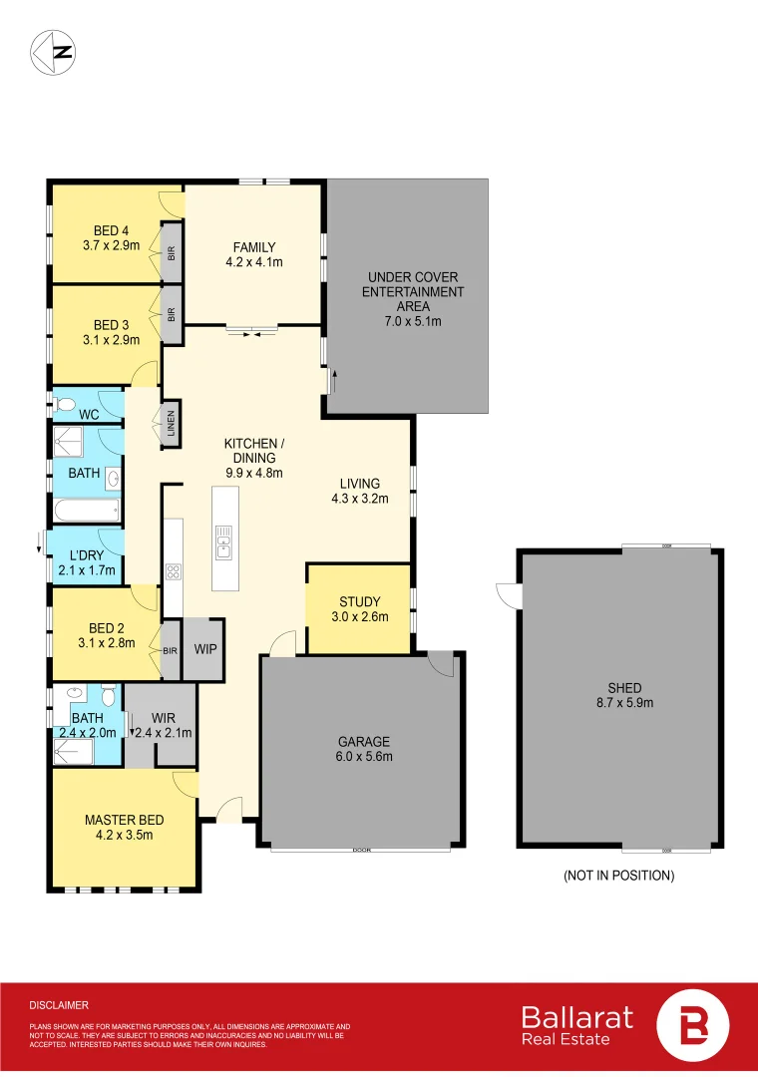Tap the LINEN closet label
pos(172,426)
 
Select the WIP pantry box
pos(205,649)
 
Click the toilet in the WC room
pos(65,405)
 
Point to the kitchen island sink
pos(223,542)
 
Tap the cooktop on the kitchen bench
pos(173,572)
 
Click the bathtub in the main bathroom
pos(86,513)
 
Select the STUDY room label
pos(359,601)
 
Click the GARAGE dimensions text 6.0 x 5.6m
pos(363,757)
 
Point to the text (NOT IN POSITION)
pos(618,876)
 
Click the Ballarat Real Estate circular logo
pos(693,1025)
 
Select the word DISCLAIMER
pos(59,1005)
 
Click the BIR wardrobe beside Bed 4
pos(172,254)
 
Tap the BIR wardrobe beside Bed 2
pos(170,650)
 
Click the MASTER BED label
pos(124,820)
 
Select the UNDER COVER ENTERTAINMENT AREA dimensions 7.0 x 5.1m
pos(414,321)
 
